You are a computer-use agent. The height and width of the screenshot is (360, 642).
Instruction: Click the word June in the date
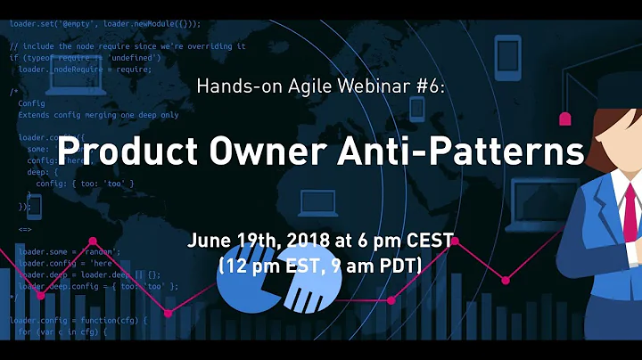(209, 241)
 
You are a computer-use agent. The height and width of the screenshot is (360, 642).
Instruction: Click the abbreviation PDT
(402, 265)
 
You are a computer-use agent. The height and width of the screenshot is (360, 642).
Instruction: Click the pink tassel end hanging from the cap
(564, 118)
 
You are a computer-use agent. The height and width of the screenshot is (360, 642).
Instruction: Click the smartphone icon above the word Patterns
(506, 50)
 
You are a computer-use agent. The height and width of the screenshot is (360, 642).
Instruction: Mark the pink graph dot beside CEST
(465, 238)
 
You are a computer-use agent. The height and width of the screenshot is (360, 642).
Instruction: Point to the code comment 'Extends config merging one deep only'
(98, 115)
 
